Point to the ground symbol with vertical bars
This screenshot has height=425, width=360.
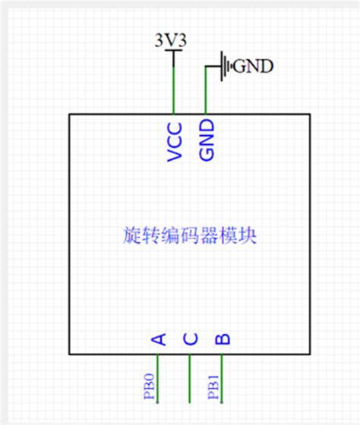coord(225,67)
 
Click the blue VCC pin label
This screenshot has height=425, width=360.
coord(175,140)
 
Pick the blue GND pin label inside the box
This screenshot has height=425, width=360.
coord(206,140)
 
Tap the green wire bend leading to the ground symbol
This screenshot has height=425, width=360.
coord(206,68)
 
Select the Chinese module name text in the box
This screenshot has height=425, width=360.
coord(189,236)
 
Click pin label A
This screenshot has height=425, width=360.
coord(159,338)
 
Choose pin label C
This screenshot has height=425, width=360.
coord(190,338)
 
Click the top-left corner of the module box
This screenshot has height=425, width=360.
coord(70,115)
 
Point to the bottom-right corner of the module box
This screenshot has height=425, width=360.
coord(310,354)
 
